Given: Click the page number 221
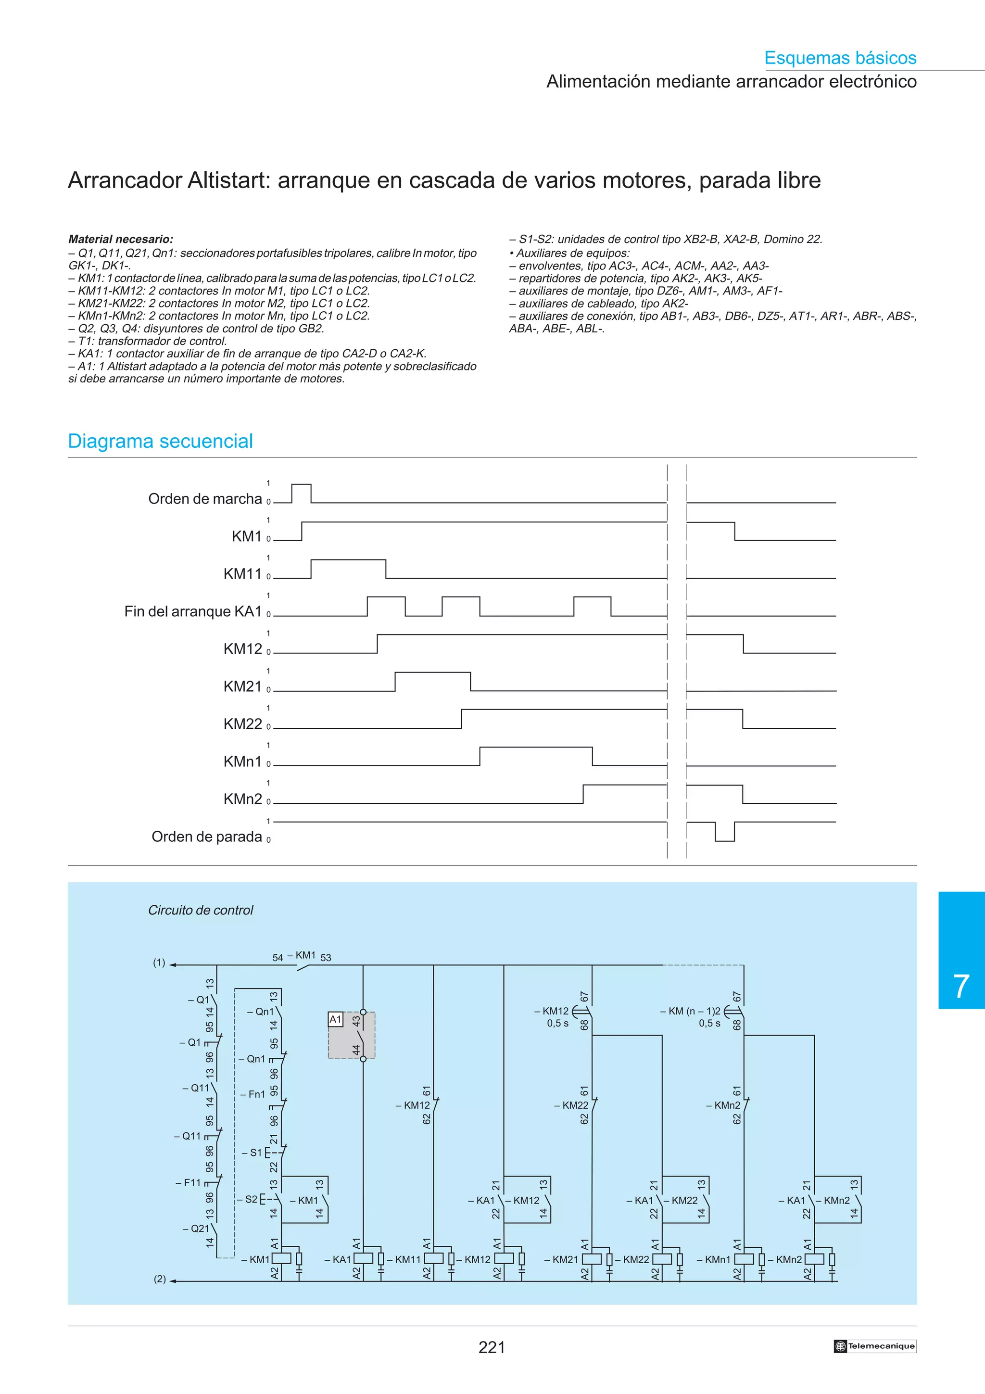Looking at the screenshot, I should pos(492,1347).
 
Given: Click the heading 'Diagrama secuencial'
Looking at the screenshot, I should pos(160,441).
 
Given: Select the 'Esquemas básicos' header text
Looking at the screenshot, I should pos(840,58).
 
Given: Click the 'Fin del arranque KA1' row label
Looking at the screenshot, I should pos(192,611).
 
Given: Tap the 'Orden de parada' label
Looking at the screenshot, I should pos(206,836).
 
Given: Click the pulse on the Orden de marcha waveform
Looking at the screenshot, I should pos(302,493).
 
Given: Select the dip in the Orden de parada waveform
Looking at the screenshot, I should pos(725,832).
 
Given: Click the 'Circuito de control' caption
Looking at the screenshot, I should pos(200,910).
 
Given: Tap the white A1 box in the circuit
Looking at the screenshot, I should pos(336,1019).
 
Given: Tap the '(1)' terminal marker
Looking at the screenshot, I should pos(159,963).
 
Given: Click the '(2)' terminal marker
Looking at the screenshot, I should pos(160,1279).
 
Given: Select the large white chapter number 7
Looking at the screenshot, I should pos(961,986).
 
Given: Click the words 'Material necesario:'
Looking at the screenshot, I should pos(121,239).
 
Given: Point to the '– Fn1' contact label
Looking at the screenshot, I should pos(253,1094).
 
